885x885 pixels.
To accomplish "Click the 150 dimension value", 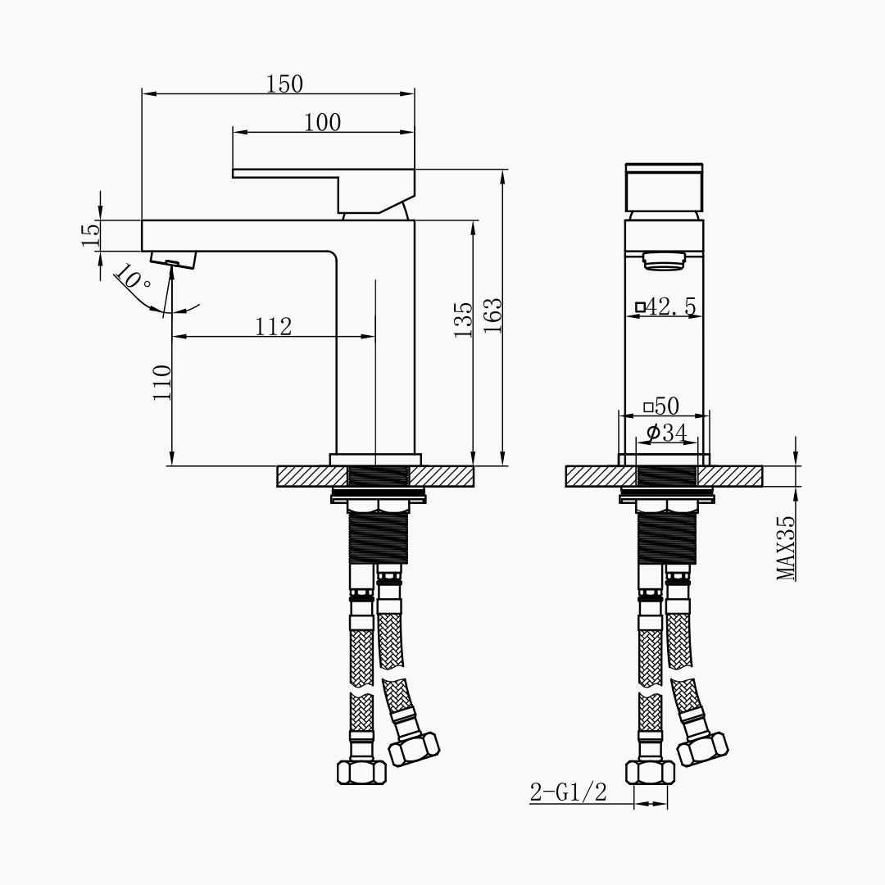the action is pyautogui.click(x=284, y=84).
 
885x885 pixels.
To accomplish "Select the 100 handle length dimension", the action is pyautogui.click(x=323, y=122).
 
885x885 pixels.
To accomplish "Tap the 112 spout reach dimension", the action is pyautogui.click(x=274, y=327).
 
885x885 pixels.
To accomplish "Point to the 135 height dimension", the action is pyautogui.click(x=463, y=320).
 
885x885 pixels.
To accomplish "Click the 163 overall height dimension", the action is pyautogui.click(x=492, y=315).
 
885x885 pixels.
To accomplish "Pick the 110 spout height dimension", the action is pyautogui.click(x=162, y=383).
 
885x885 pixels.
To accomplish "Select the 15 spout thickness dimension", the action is pyautogui.click(x=91, y=235).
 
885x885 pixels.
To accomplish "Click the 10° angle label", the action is pyautogui.click(x=132, y=277).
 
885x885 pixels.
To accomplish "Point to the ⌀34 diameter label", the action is pyautogui.click(x=667, y=433).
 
